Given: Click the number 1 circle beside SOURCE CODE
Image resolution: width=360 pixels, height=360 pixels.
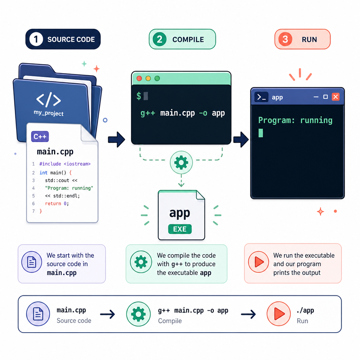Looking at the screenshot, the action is (x=36, y=39).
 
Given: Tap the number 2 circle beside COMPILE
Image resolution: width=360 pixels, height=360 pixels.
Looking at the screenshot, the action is (x=159, y=39).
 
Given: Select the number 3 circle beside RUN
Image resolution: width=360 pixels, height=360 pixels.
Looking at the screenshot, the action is (x=285, y=39).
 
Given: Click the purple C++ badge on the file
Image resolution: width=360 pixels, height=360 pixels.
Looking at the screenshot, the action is (x=40, y=137).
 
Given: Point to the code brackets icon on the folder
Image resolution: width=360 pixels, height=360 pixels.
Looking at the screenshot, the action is (x=49, y=100).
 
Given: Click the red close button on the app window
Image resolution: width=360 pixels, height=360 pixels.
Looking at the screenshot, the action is (x=335, y=97).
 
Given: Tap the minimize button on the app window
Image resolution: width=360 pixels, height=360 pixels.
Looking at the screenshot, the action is (x=316, y=97).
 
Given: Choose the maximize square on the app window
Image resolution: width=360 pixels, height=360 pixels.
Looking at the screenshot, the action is (x=325, y=97).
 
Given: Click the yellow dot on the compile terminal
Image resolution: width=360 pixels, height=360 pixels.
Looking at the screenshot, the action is (x=148, y=78).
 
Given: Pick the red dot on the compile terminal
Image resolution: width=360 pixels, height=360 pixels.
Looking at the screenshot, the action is (x=139, y=78).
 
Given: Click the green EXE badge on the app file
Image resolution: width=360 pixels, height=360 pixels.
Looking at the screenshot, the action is (x=180, y=229).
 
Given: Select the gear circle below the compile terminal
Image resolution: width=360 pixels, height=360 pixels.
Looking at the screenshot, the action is (x=181, y=162).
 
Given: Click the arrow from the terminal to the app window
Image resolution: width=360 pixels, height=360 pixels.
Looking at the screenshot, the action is (x=241, y=139).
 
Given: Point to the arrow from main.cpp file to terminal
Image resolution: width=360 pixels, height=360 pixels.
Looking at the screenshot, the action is (x=116, y=139).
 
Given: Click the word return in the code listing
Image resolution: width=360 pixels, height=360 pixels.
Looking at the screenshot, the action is (x=53, y=204).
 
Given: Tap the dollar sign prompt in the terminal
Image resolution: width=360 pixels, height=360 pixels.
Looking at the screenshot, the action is (x=139, y=96).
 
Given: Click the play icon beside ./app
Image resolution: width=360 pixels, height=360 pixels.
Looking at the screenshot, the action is (x=278, y=314).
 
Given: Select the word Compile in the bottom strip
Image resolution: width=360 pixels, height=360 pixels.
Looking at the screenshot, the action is (x=170, y=321).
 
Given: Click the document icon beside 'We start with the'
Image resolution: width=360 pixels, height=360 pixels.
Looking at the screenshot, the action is (x=32, y=262).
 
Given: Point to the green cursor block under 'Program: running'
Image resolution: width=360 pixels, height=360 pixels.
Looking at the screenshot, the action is (x=261, y=133).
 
